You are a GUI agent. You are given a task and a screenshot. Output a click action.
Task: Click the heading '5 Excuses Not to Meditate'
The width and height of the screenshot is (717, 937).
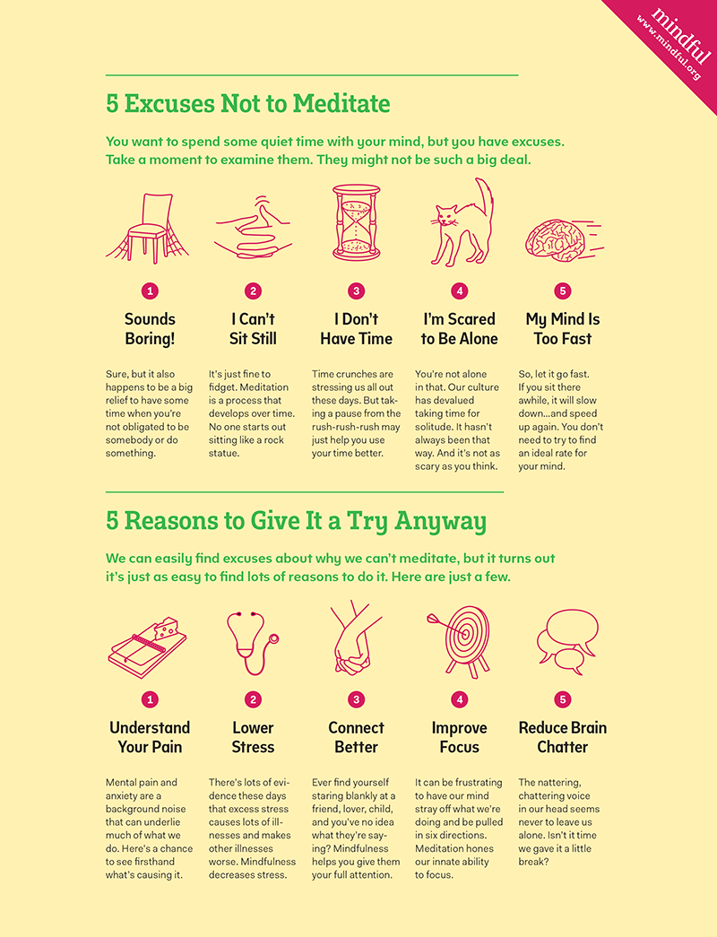pyautogui.click(x=248, y=104)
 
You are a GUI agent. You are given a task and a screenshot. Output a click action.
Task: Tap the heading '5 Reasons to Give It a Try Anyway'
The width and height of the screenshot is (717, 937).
pyautogui.click(x=296, y=521)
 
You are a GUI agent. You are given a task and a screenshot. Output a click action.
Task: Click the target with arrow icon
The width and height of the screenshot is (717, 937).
pyautogui.click(x=462, y=638)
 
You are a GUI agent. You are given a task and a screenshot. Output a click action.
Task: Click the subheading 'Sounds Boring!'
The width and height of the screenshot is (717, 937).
pyautogui.click(x=150, y=329)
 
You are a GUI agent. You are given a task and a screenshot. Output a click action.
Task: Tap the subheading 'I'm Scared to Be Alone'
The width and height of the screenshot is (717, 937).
pyautogui.click(x=459, y=329)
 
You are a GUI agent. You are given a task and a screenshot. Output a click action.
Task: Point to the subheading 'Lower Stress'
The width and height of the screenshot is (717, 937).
pyautogui.click(x=253, y=737)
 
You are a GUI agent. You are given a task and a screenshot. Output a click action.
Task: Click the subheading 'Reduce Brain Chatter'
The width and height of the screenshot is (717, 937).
pyautogui.click(x=562, y=737)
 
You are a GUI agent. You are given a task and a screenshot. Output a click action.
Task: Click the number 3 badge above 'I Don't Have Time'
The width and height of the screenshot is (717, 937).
pyautogui.click(x=357, y=291)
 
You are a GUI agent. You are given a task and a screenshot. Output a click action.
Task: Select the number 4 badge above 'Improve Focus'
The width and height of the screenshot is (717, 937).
pyautogui.click(x=460, y=699)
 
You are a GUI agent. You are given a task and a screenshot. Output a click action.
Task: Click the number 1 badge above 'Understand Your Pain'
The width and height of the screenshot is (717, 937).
pyautogui.click(x=151, y=699)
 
